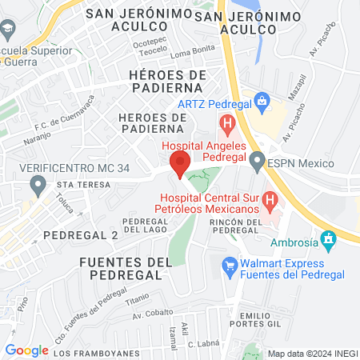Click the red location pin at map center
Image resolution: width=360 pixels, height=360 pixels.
[x=179, y=164]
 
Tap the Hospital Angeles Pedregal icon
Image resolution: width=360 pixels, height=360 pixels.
[x=227, y=125]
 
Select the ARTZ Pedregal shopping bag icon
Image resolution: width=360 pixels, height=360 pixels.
[x=260, y=102]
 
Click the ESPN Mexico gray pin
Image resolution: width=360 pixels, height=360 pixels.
[x=257, y=162]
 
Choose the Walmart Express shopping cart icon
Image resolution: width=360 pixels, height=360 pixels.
[x=230, y=265]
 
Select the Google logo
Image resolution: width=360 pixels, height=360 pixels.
[x=26, y=350]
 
